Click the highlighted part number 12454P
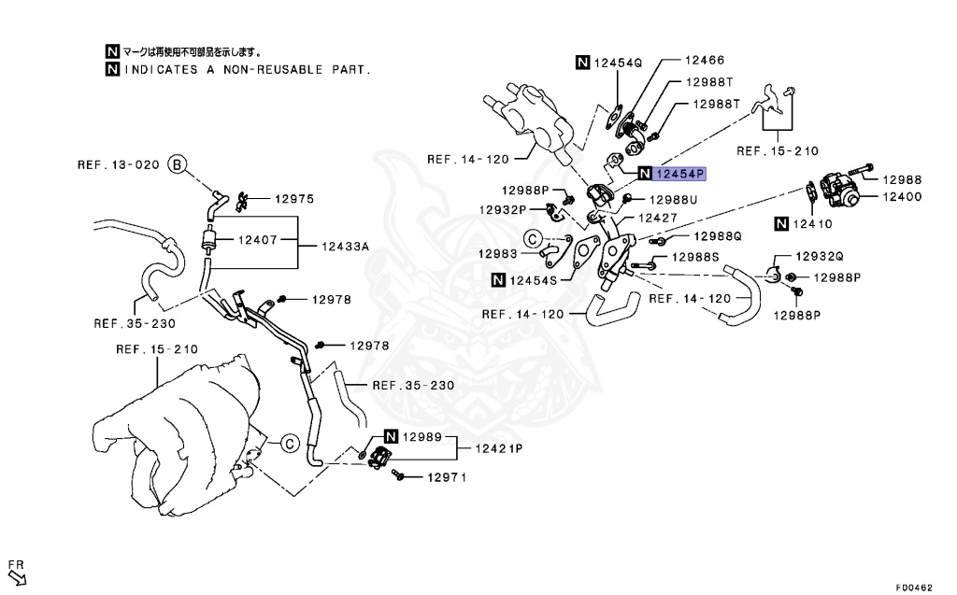click(x=680, y=174)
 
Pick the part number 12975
click(x=294, y=199)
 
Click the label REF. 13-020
click(x=119, y=165)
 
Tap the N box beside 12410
click(x=781, y=223)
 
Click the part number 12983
click(x=498, y=253)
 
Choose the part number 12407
click(x=256, y=240)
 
